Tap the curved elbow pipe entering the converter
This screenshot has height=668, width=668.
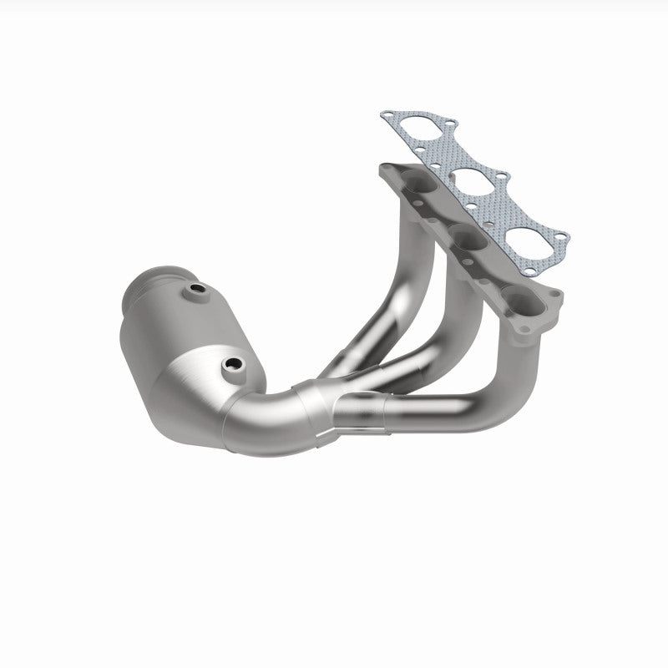267,409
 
